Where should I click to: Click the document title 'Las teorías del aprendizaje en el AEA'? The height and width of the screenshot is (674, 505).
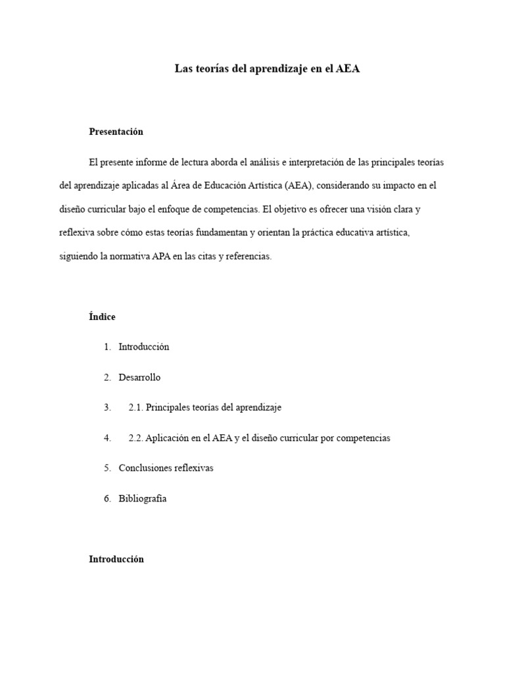tap(267, 68)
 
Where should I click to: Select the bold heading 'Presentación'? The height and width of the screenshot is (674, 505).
tap(116, 132)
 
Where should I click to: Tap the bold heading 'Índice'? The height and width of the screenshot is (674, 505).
tap(102, 317)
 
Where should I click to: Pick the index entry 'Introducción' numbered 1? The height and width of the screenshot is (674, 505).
tap(143, 347)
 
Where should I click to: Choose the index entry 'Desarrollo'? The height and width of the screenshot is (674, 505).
tap(139, 377)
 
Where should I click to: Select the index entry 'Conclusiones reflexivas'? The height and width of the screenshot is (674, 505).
tap(166, 468)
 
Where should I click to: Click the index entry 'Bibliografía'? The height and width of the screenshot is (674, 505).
tap(143, 498)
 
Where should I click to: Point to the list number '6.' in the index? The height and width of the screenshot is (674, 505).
tap(107, 498)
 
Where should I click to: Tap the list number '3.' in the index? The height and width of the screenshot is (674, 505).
tap(107, 407)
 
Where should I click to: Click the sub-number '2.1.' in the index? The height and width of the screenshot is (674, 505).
tap(136, 407)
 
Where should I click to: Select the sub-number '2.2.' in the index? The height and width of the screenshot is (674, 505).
tap(136, 438)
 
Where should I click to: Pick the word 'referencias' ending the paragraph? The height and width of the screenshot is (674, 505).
tap(248, 257)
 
